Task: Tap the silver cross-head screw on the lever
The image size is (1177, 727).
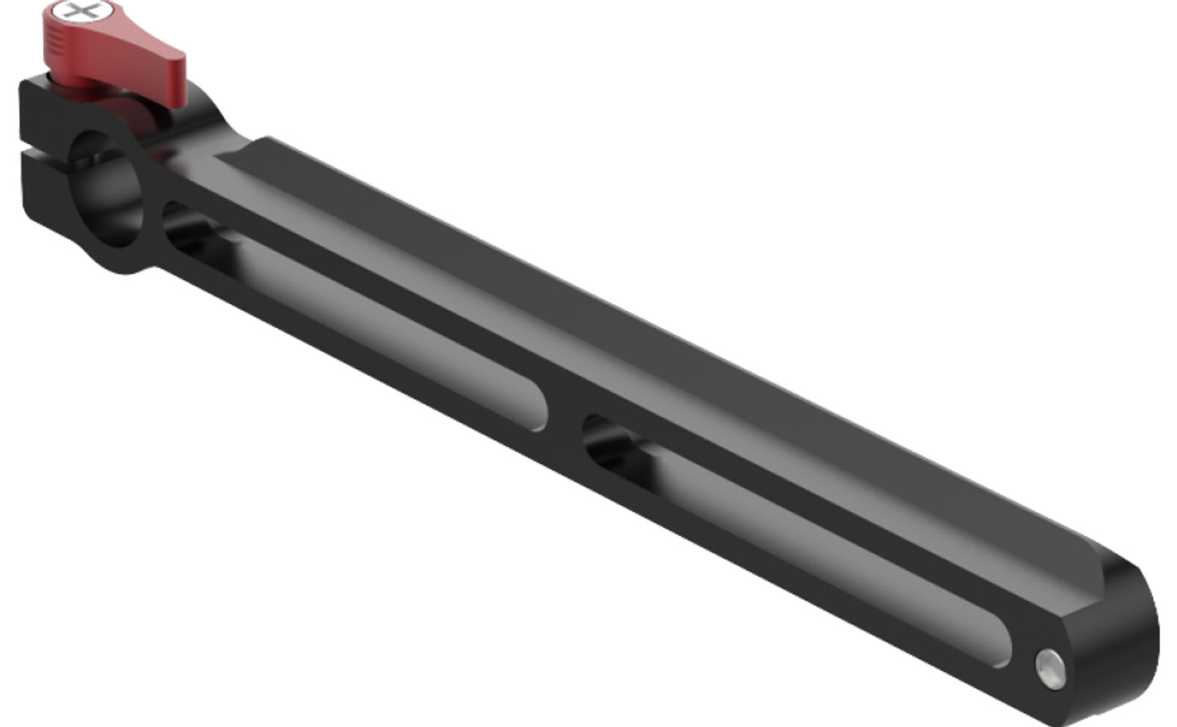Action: [x=81, y=12]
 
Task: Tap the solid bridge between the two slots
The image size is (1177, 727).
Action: [x=563, y=420]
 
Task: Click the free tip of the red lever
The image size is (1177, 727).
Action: [x=177, y=80]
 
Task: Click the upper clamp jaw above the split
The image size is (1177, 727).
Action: [x=42, y=109]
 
